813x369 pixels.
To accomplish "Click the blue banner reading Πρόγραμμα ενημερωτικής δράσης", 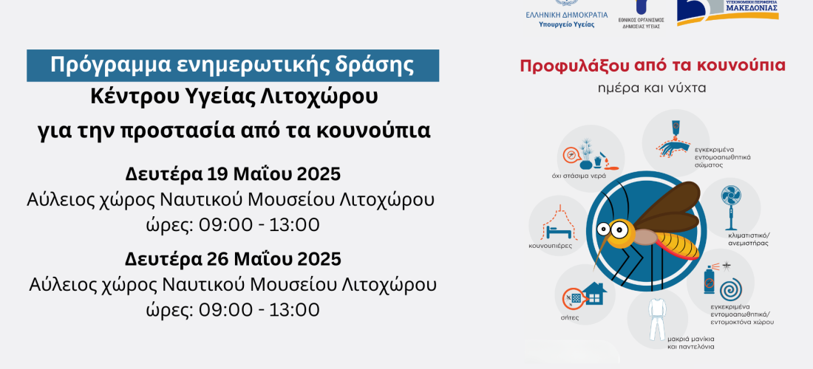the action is coord(233,66).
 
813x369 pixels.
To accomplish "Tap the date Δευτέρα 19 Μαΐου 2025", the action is coord(233,174).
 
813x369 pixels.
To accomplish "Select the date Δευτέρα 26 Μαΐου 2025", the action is coord(233,259).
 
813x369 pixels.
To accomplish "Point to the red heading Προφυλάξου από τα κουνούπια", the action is coord(653,66).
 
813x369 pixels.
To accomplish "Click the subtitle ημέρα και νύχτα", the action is coord(653,88).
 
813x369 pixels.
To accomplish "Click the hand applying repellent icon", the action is coord(674,140).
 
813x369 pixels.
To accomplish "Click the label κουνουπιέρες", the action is coord(551,246).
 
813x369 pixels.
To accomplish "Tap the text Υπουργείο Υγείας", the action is coord(567,24).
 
